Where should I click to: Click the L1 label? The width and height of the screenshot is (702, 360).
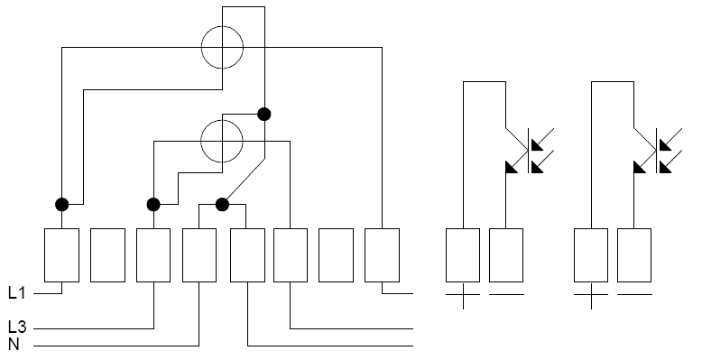click(x=17, y=293)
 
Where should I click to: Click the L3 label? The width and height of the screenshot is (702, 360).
click(x=17, y=328)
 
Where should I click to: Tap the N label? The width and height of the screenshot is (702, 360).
click(x=14, y=345)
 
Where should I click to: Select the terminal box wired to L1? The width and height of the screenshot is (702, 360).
click(x=61, y=255)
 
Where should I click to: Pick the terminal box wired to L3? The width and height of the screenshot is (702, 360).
click(x=153, y=255)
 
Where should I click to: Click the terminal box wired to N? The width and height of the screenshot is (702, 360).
click(x=199, y=255)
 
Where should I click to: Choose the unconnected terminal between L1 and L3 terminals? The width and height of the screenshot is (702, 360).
click(x=108, y=255)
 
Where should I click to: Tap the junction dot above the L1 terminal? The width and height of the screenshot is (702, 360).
click(x=61, y=205)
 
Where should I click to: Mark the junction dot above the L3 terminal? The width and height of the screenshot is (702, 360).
click(x=153, y=205)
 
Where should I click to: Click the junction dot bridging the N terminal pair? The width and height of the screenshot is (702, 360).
click(x=222, y=205)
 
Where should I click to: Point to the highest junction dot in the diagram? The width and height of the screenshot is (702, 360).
click(x=264, y=115)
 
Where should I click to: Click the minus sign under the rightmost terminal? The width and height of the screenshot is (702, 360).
click(x=634, y=295)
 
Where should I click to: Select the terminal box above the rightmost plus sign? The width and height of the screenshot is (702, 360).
click(x=591, y=255)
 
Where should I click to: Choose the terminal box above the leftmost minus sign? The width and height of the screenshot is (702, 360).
click(x=506, y=255)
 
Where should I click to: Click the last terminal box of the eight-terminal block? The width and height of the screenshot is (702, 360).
click(x=382, y=255)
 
